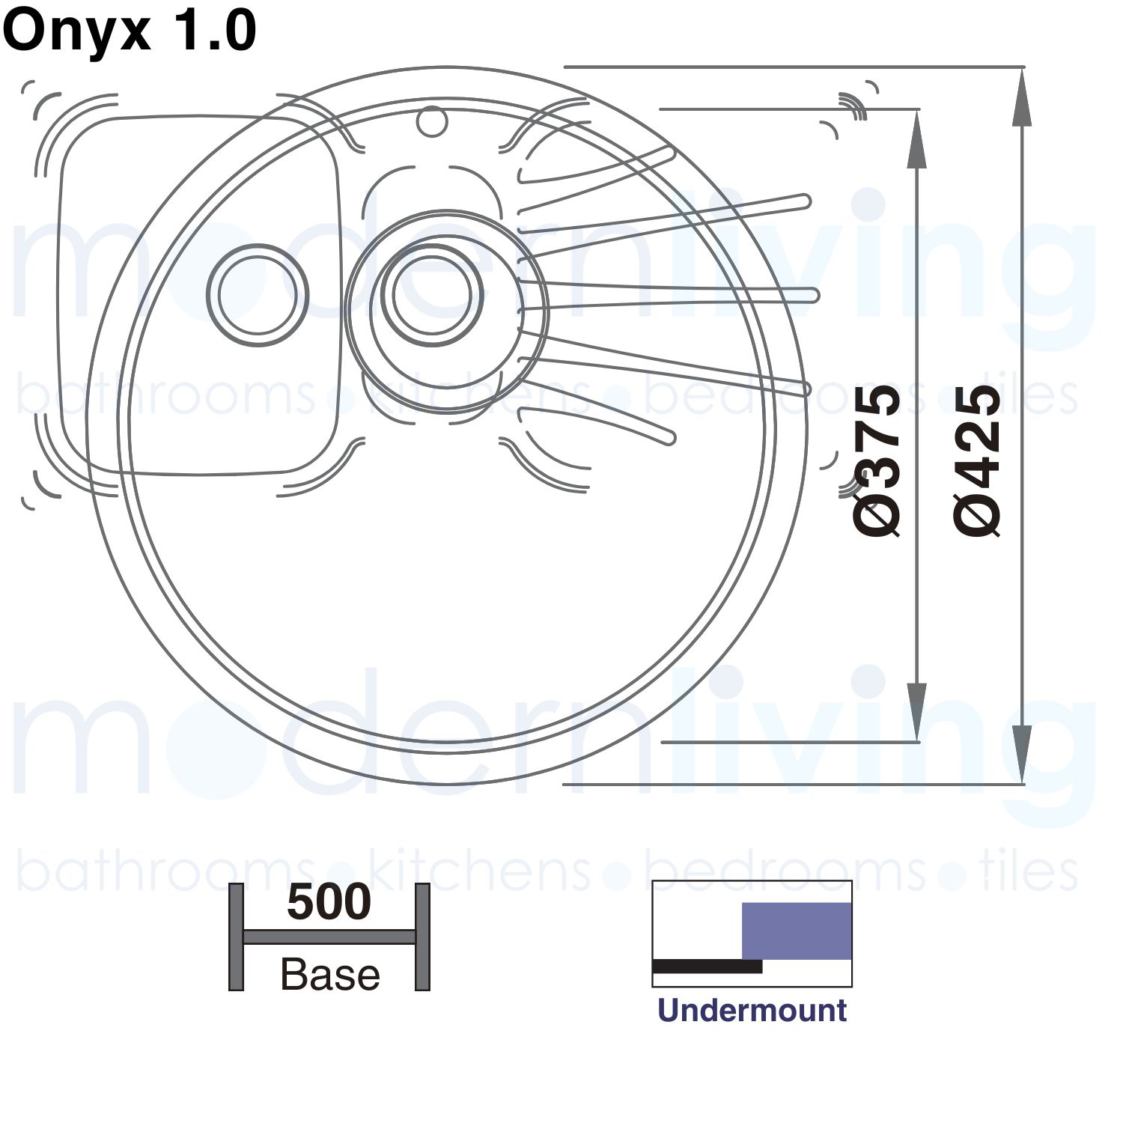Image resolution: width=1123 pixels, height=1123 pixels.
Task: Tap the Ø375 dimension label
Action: click(877, 460)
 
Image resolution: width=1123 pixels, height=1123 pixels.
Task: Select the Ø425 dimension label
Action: click(977, 460)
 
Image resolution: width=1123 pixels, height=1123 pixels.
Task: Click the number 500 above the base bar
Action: click(329, 902)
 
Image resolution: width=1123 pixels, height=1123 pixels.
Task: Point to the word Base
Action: click(330, 975)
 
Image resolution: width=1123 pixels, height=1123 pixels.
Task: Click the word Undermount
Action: click(752, 1011)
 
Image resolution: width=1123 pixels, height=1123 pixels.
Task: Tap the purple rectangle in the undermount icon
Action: click(797, 931)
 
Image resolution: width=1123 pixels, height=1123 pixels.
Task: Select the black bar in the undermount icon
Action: click(707, 967)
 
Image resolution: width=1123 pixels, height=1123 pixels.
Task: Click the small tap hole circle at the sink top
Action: click(431, 122)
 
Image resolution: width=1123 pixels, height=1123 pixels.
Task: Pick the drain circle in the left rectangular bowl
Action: click(257, 295)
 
